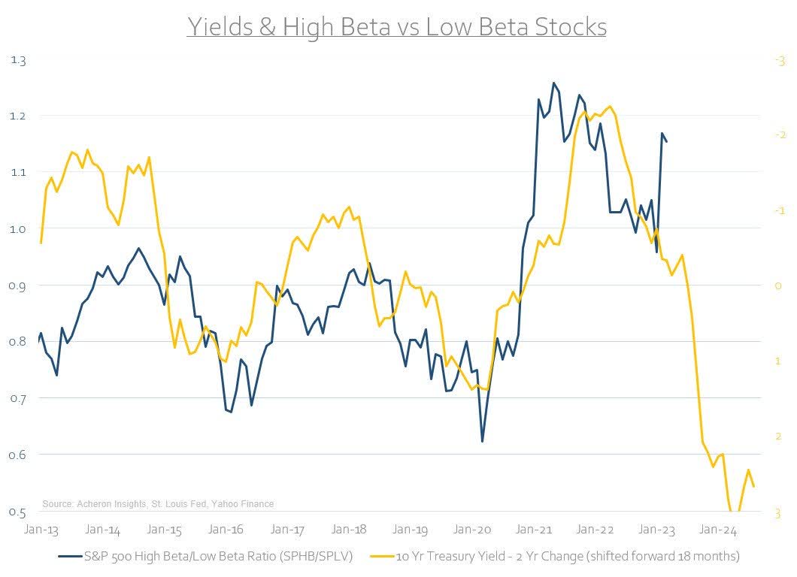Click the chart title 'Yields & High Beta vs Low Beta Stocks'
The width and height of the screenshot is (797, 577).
tap(396, 27)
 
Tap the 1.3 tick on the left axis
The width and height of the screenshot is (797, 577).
tap(17, 60)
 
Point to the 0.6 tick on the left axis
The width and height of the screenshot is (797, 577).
tap(17, 455)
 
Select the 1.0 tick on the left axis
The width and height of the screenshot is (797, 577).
tap(17, 229)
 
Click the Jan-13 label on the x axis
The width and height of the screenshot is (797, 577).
tap(40, 530)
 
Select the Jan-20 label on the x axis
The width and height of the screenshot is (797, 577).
tap(474, 530)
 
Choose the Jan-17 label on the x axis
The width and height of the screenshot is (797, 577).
tap(288, 530)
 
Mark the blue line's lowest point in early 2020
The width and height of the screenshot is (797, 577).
tap(482, 441)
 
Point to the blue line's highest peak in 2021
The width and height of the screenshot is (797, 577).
tap(553, 83)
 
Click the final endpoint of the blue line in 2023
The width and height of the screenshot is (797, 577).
tap(666, 141)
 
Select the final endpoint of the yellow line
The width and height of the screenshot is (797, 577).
tap(753, 487)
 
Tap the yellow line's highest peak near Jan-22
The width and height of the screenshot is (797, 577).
tap(608, 106)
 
